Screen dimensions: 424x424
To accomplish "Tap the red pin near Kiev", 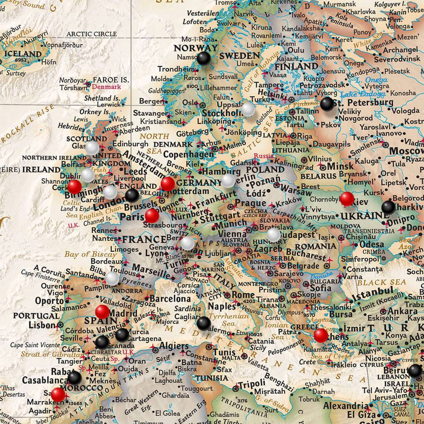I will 347,199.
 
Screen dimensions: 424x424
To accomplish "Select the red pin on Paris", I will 152,216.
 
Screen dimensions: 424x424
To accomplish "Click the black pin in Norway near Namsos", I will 204,58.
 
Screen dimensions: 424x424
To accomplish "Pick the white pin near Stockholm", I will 249,109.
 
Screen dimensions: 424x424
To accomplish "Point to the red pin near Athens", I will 321,335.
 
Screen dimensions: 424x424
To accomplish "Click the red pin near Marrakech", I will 58,394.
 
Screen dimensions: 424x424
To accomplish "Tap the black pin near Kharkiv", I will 388,207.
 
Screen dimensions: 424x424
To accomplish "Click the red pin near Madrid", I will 102,312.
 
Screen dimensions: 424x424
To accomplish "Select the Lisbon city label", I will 42,325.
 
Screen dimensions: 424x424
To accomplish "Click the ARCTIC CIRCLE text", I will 91,34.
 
